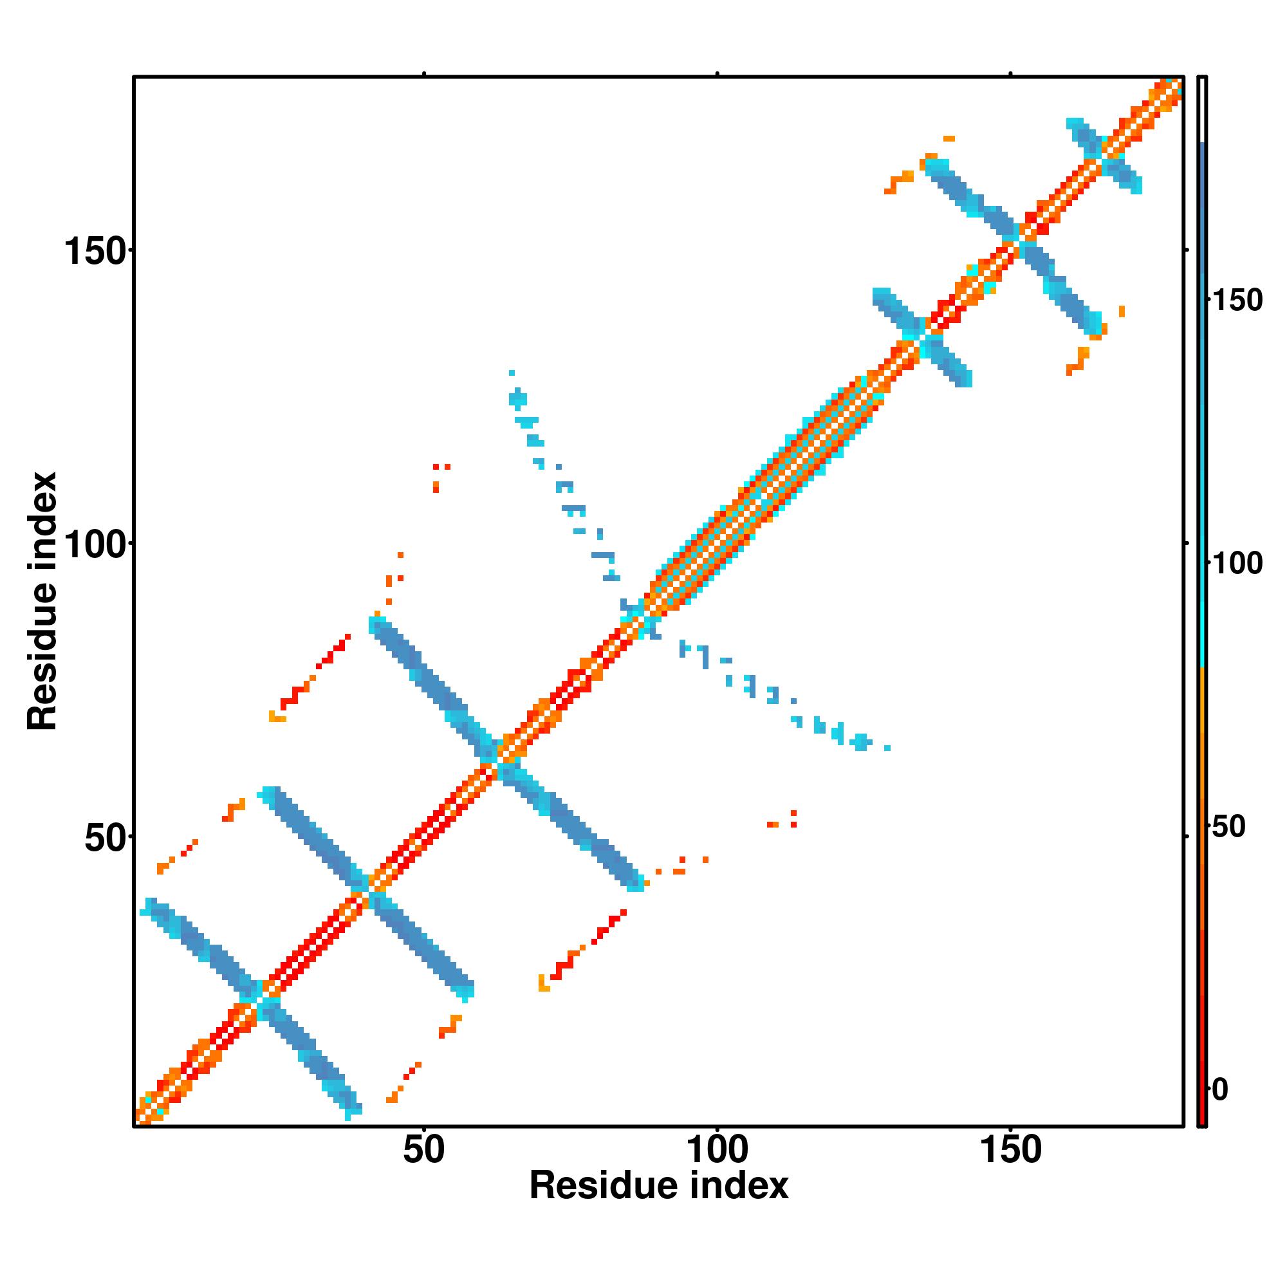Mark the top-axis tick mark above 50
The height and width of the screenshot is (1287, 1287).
pyautogui.click(x=423, y=74)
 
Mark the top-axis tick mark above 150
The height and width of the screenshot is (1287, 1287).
pyautogui.click(x=1010, y=74)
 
